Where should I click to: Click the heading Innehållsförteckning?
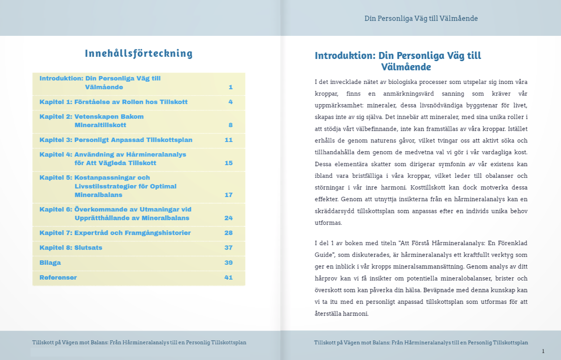tap(139, 54)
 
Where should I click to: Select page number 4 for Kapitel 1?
tap(230, 102)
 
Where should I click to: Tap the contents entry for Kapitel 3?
tap(116, 140)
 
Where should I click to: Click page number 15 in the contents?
tap(229, 163)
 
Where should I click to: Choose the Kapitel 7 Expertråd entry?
tap(115, 233)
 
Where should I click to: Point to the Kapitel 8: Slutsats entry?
tap(71, 248)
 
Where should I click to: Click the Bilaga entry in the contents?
tap(50, 263)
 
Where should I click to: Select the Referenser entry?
tap(58, 278)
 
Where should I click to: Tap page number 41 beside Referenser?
tap(229, 278)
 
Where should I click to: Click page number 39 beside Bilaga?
tap(229, 263)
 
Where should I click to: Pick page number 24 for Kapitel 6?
tap(229, 218)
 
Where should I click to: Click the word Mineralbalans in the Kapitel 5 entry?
tap(98, 195)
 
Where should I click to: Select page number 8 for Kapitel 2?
tap(230, 125)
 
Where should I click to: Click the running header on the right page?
tap(421, 18)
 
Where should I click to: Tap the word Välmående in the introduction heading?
tap(406, 67)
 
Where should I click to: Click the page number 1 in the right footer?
tap(543, 351)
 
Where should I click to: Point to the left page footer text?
tap(139, 343)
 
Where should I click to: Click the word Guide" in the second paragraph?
tap(325, 255)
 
